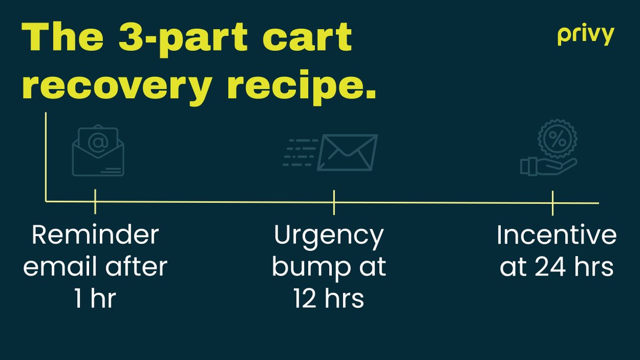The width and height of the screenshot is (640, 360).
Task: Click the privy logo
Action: click(x=586, y=36)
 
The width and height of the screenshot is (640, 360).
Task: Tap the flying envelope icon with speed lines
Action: click(x=330, y=153)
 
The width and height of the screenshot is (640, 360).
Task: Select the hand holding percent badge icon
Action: click(x=549, y=150)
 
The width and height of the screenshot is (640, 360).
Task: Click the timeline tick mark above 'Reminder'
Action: click(x=95, y=202)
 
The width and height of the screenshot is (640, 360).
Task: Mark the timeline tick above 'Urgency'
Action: click(x=334, y=202)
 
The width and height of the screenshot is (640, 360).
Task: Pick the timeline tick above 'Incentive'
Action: click(x=553, y=203)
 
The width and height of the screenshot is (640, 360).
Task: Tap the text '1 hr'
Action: click(x=95, y=299)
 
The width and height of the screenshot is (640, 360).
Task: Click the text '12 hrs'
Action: click(x=329, y=299)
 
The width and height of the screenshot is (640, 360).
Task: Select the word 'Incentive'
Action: click(x=556, y=235)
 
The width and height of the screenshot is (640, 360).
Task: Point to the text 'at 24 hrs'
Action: click(x=556, y=267)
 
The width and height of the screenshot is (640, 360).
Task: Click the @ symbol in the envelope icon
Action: click(x=98, y=142)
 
